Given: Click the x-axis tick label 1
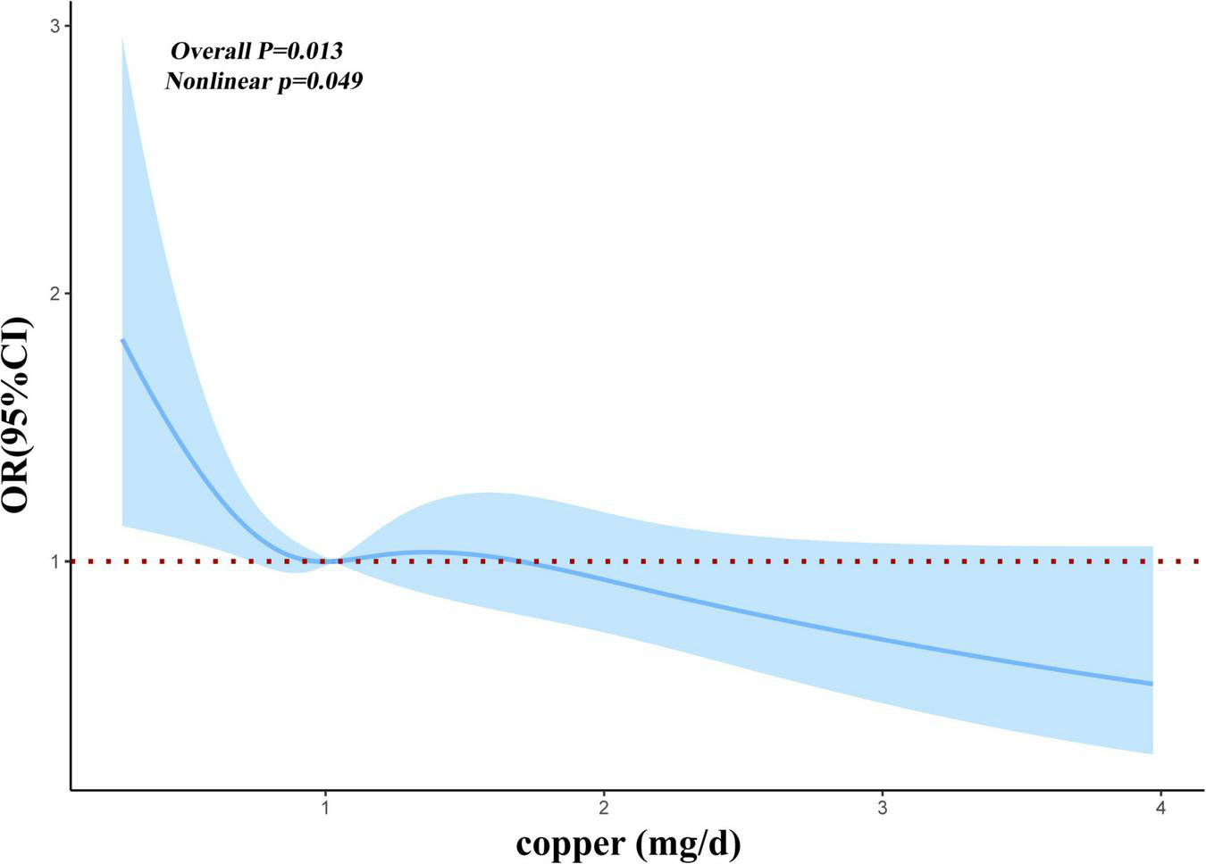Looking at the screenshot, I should tap(325, 808).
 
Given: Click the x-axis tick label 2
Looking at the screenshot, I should tap(604, 808).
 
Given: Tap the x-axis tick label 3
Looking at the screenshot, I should tap(883, 808).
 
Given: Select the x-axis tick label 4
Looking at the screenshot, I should tap(1160, 808).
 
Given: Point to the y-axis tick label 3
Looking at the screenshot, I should tap(54, 26).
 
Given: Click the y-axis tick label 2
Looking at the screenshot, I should tap(54, 294).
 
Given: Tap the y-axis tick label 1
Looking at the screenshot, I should tap(54, 561).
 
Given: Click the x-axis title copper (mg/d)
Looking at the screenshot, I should tap(628, 842).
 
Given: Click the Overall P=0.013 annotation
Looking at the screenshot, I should tap(257, 51).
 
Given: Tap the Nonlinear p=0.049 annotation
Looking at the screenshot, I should tap(264, 81).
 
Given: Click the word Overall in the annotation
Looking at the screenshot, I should tap(211, 51).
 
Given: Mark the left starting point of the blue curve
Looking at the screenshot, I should tap(122, 340).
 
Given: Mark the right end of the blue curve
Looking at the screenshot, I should tap(1152, 684).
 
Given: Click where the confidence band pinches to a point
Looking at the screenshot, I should tap(331, 561).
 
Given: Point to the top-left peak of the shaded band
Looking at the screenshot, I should tap(122, 38).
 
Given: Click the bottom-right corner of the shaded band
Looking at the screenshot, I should tap(1152, 753).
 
